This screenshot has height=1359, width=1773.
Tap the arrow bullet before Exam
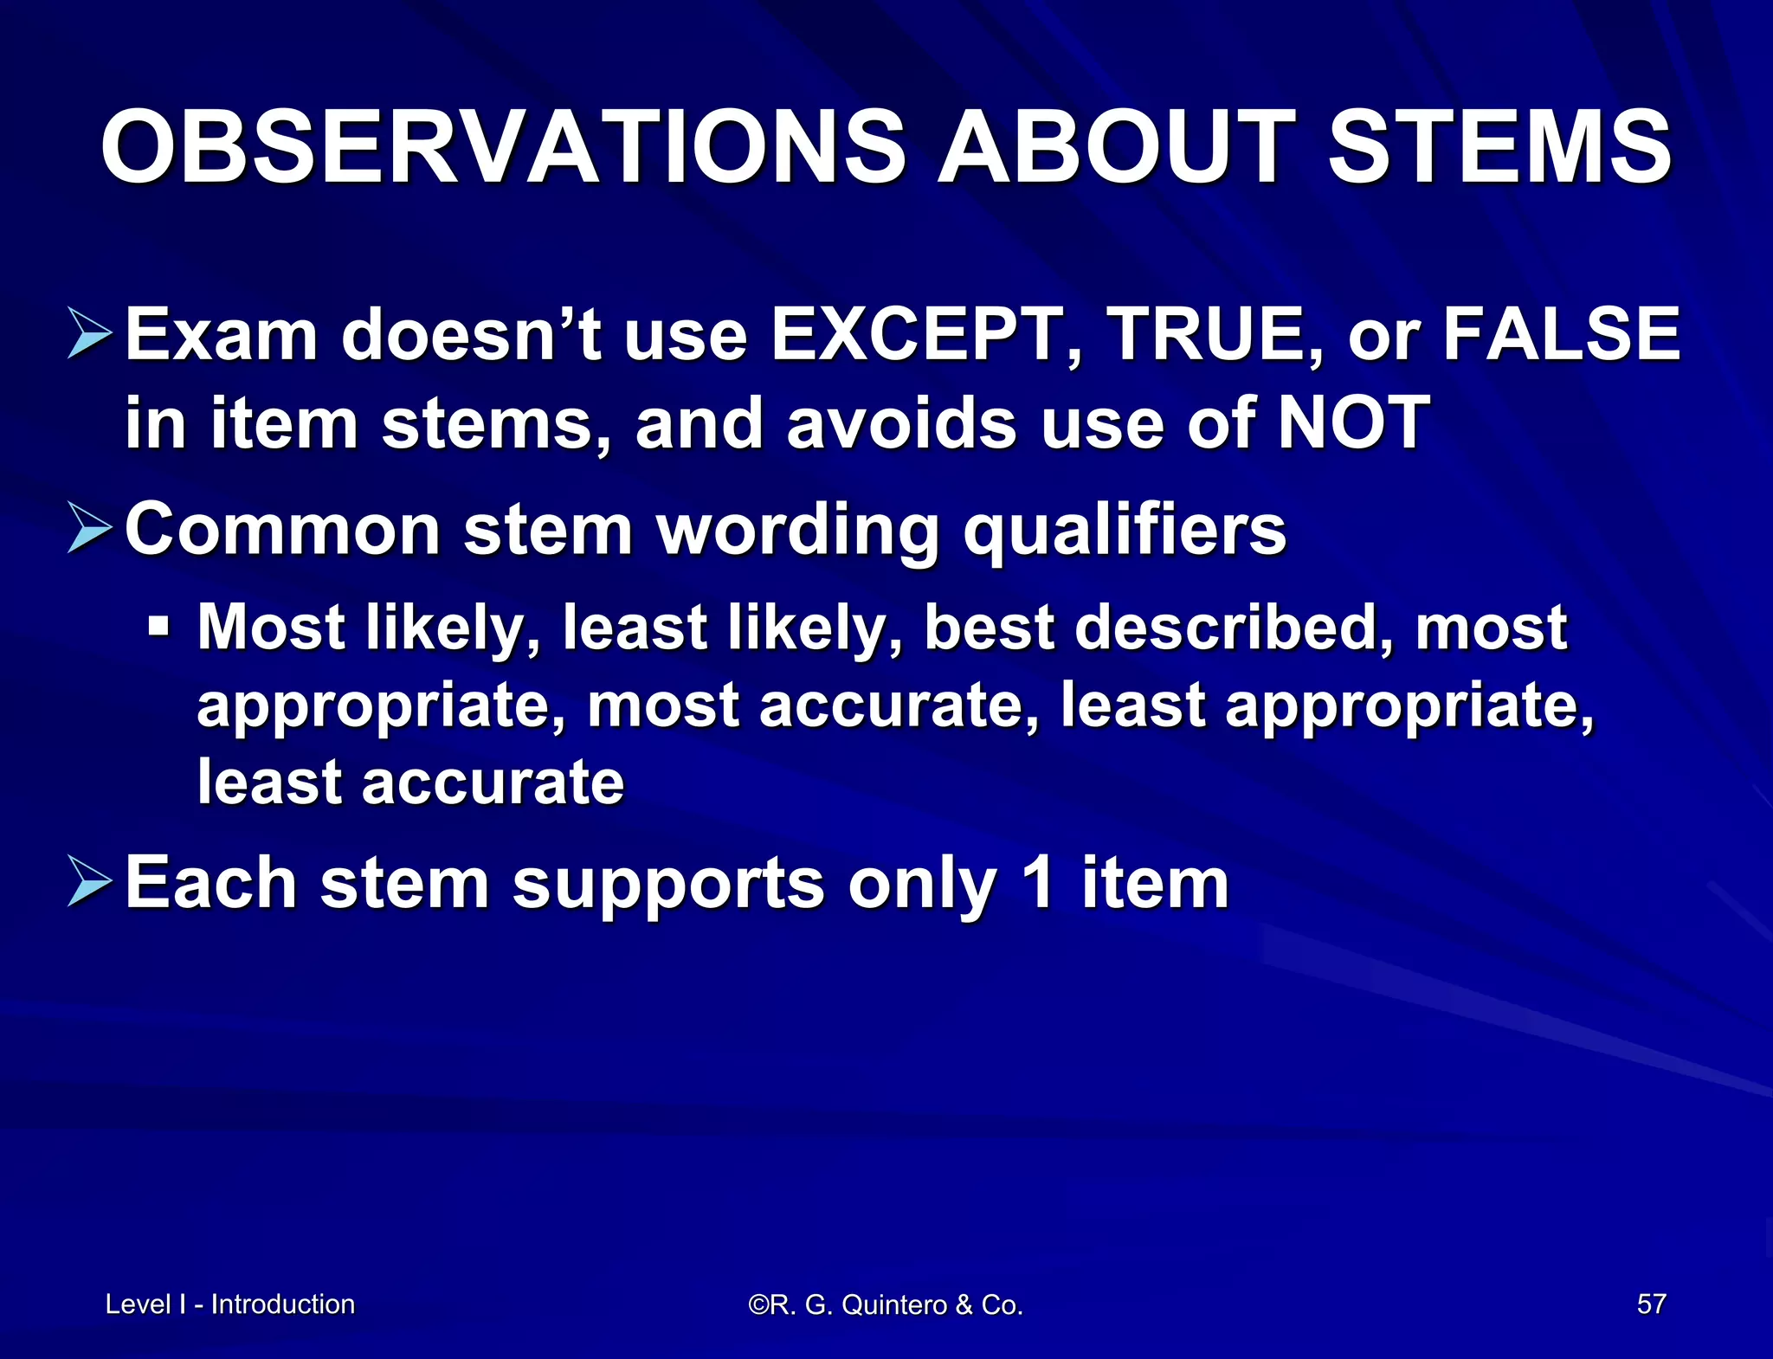click(x=89, y=335)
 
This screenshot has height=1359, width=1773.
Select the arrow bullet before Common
click(x=89, y=530)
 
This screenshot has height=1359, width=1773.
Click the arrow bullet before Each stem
click(x=89, y=882)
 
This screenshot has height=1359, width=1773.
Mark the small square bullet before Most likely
click(x=158, y=624)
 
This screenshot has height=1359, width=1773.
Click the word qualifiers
click(x=1125, y=530)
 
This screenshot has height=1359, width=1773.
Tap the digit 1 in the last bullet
click(x=1036, y=882)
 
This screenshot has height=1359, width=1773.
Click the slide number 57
click(x=1651, y=1304)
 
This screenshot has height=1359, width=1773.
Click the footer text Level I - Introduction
click(x=230, y=1304)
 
